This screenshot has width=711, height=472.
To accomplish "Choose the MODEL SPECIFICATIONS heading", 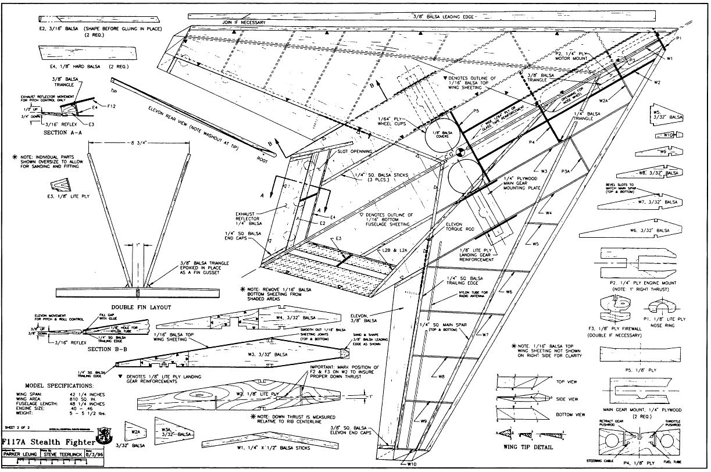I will click(x=58, y=386).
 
